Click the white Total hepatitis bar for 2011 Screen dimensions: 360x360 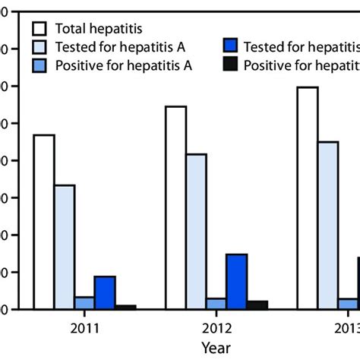pyautogui.click(x=43, y=222)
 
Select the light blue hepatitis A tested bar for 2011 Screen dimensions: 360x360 pyautogui.click(x=64, y=247)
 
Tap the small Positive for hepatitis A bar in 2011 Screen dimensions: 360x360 pyautogui.click(x=84, y=302)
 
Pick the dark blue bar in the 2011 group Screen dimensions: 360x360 pyautogui.click(x=105, y=292)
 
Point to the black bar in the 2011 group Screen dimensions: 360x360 pyautogui.click(x=125, y=307)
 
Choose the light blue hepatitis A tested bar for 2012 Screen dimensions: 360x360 pyautogui.click(x=196, y=232)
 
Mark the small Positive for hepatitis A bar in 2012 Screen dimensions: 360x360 pyautogui.click(x=216, y=303)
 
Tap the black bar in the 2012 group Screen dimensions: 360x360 pyautogui.click(x=257, y=305)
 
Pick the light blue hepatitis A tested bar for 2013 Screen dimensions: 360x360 pyautogui.click(x=328, y=225)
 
